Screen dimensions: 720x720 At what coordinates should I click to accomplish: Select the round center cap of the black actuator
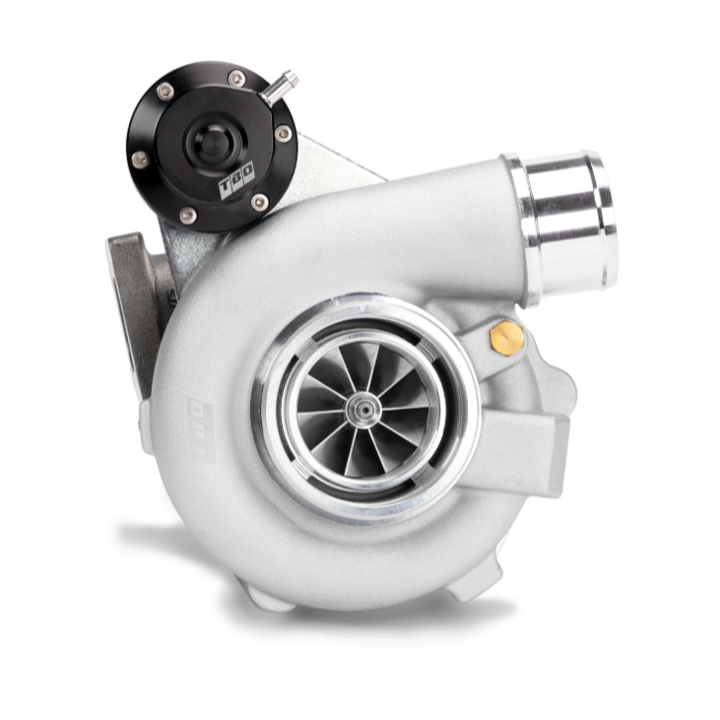pyautogui.click(x=211, y=144)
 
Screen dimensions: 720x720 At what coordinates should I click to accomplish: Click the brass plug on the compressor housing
pyautogui.click(x=507, y=338)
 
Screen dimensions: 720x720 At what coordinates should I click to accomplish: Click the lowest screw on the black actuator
pyautogui.click(x=188, y=214)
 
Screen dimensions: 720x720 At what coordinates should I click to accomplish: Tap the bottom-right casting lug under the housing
pyautogui.click(x=463, y=587)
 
